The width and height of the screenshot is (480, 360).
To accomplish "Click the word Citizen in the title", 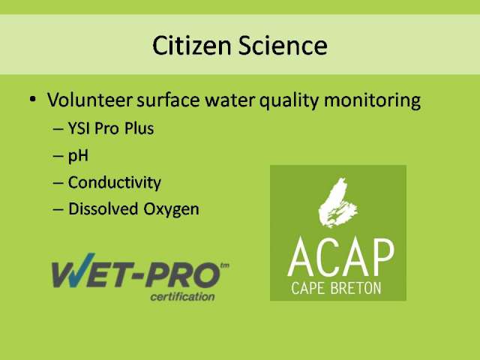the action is tap(192, 46).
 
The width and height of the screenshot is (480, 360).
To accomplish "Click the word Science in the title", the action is tap(283, 46).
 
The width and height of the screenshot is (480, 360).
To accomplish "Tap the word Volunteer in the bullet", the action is tap(90, 100).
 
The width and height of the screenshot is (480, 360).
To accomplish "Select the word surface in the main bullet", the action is tap(168, 100).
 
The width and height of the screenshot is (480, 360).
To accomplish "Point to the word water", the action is tap(229, 100).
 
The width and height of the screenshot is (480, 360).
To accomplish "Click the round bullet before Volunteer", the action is tap(32, 99).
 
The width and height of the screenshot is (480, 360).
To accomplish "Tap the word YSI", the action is tap(79, 128).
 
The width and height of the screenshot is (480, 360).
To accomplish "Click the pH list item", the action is tap(78, 156).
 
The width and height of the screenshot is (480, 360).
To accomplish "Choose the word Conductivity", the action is tap(115, 183).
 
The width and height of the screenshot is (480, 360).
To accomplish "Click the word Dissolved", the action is tap(103, 209).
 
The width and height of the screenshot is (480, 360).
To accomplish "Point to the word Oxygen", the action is tap(172, 210).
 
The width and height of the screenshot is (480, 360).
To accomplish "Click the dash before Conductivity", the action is tap(58, 183).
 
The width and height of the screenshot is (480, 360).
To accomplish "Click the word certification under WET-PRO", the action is tap(182, 297).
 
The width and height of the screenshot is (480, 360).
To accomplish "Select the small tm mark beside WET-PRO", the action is tap(224, 265).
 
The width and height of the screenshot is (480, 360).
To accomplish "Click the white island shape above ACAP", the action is tap(337, 202).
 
